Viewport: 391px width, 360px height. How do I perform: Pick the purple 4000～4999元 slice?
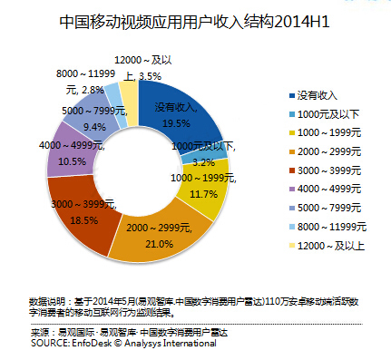tap(73, 151)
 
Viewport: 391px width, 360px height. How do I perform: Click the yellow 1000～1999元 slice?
tap(207, 189)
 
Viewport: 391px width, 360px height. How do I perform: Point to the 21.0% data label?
tap(160, 244)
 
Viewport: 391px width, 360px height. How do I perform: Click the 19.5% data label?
tap(176, 123)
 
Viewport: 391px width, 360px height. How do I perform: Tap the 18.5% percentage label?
tap(84, 220)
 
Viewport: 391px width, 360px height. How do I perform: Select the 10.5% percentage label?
tap(72, 161)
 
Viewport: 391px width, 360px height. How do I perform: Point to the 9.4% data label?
tap(94, 127)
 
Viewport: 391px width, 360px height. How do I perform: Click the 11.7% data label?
tap(203, 194)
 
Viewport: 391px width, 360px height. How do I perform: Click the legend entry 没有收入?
tap(313, 95)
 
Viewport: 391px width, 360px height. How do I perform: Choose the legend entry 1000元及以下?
tap(324, 114)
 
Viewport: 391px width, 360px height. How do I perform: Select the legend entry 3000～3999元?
tap(326, 170)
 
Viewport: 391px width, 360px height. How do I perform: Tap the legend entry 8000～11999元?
tap(327, 227)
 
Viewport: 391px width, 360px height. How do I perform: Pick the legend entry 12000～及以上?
tap(327, 246)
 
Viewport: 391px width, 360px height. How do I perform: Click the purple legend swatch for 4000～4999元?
tap(292, 190)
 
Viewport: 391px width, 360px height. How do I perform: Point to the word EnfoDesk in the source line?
tap(92, 343)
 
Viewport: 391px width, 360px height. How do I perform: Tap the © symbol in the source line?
tap(118, 344)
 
